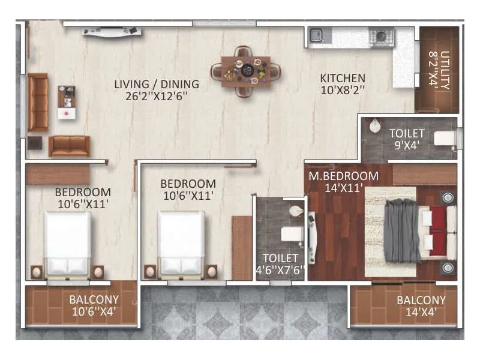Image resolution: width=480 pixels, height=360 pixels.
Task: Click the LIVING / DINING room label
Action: tap(157, 84)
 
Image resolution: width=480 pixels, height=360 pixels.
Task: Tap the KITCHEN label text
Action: tap(343, 78)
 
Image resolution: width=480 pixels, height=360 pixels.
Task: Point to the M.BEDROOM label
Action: tap(343, 176)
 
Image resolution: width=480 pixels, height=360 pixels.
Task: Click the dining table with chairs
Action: tap(245, 71)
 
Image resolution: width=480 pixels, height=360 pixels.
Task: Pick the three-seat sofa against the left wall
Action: tap(38, 103)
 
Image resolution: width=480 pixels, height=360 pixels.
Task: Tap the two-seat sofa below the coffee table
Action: tap(69, 146)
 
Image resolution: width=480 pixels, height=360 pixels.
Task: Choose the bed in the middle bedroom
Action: tap(181, 243)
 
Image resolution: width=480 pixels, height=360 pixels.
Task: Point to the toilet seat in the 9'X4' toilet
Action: tap(445, 139)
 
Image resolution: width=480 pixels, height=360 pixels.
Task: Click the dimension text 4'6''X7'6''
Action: tap(280, 271)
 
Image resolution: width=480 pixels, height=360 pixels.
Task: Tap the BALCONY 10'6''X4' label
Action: tap(93, 305)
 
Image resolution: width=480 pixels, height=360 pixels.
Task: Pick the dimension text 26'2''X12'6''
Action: tap(157, 96)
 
